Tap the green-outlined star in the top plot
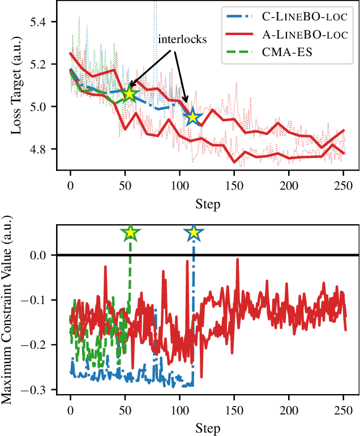[x=130, y=93]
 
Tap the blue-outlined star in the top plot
[x=192, y=117]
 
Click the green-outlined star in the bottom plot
[x=131, y=233]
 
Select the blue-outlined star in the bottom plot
[x=194, y=233]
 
